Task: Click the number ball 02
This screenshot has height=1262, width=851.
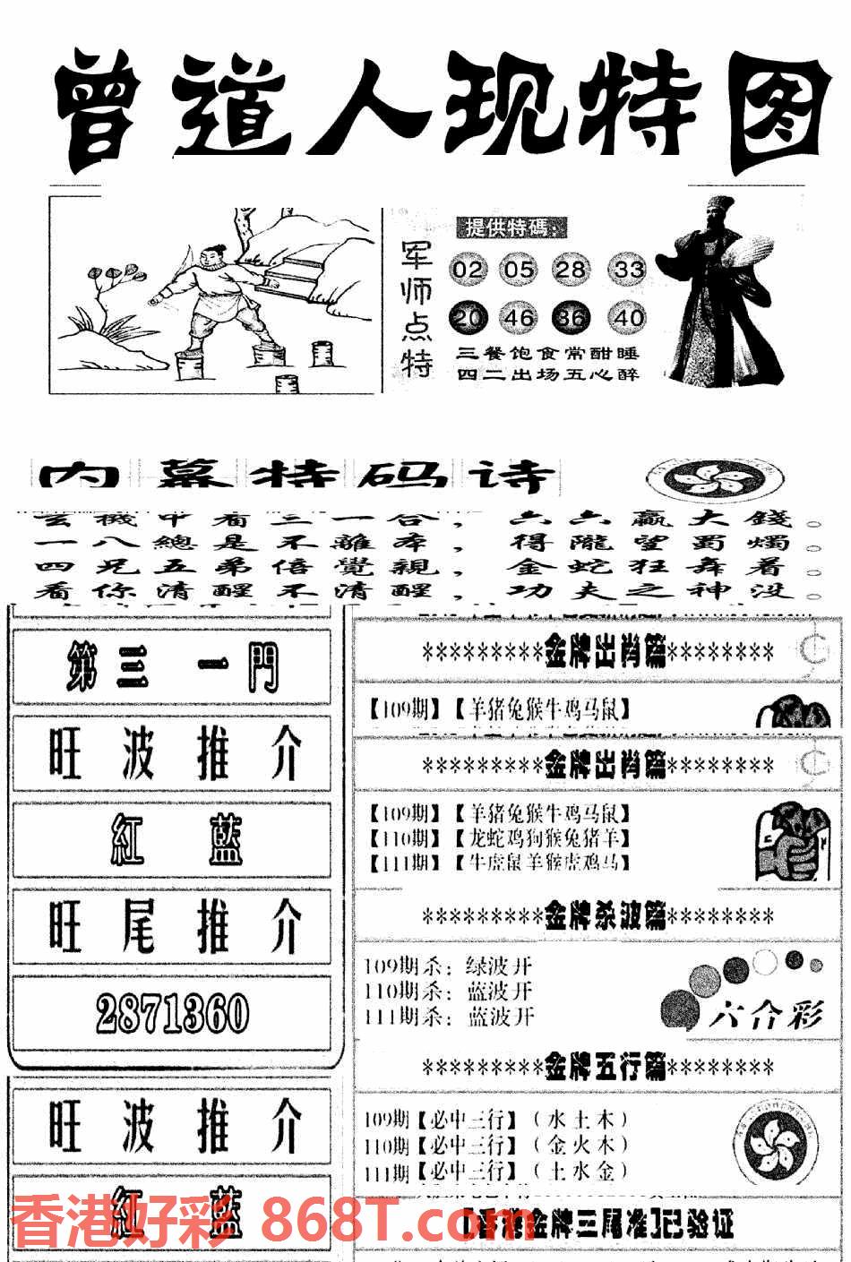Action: pyautogui.click(x=468, y=269)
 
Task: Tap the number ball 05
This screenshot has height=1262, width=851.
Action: pyautogui.click(x=519, y=269)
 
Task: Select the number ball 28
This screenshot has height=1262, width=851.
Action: pyautogui.click(x=572, y=269)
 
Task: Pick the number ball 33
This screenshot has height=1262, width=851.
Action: pyautogui.click(x=628, y=269)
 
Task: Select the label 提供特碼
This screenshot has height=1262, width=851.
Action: pyautogui.click(x=511, y=228)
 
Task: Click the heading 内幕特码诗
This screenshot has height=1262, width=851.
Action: pyautogui.click(x=296, y=476)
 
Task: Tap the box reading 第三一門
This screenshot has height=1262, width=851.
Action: pyautogui.click(x=171, y=667)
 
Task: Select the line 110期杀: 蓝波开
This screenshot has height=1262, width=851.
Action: pyautogui.click(x=450, y=992)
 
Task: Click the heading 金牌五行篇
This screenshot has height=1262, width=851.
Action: pyautogui.click(x=598, y=1067)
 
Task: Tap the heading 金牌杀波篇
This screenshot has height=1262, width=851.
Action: pyautogui.click(x=598, y=916)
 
